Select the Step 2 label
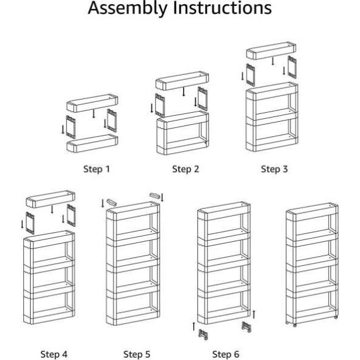185,169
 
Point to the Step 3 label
275,169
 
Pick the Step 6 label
226,353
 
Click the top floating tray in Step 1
91,102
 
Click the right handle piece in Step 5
155,196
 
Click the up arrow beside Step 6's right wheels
255,313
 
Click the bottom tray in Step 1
91,143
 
